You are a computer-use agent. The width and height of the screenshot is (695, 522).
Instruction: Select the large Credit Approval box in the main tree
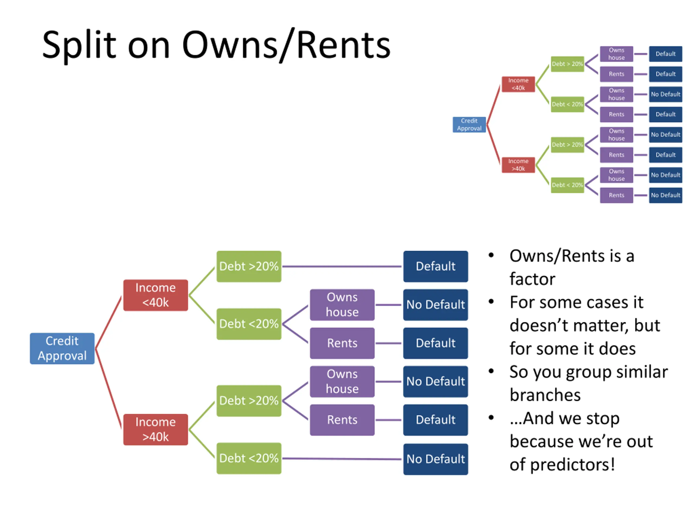tap(62, 348)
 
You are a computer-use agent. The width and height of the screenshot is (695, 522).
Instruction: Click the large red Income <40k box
tap(156, 295)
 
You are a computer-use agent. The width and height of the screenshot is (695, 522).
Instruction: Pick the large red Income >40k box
tap(156, 430)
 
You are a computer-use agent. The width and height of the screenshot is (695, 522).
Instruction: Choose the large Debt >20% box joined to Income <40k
tap(249, 266)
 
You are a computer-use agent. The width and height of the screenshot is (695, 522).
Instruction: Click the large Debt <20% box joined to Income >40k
tap(249, 458)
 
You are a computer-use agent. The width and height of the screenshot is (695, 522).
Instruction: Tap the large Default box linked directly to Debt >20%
tap(435, 266)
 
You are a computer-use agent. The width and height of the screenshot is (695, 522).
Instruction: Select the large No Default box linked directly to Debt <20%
tap(435, 459)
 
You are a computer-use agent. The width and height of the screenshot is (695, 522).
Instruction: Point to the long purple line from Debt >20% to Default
tap(342, 266)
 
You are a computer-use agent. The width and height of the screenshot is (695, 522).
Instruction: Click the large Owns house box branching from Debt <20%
tap(342, 304)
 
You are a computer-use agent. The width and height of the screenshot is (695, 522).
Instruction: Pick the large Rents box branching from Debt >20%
tap(342, 420)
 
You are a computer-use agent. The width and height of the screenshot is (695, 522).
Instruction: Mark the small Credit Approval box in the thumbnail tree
tap(469, 125)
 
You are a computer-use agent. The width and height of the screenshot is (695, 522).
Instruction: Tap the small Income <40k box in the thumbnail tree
tap(518, 84)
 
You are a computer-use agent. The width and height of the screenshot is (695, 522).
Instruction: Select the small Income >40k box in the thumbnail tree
tap(518, 165)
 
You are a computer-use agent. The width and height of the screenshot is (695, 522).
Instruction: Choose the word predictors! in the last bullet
tap(573, 465)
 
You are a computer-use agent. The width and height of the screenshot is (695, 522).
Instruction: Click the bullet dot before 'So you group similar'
tap(491, 371)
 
